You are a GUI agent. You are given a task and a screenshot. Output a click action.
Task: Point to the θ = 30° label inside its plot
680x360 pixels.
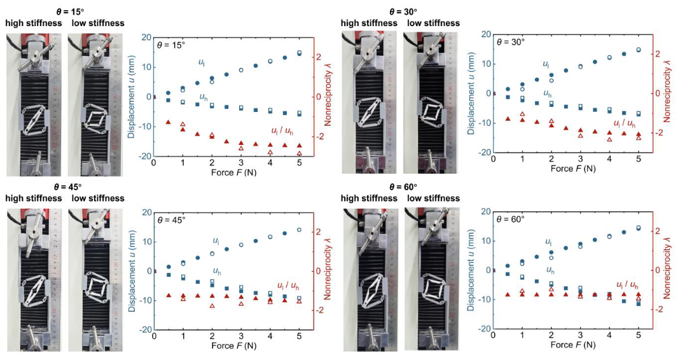512,42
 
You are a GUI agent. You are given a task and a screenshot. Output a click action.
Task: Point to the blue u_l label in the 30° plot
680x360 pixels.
546,64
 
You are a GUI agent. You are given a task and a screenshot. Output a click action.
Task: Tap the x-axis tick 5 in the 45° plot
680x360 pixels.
299,339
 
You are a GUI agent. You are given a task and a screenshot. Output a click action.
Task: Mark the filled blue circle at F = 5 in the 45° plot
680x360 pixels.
299,230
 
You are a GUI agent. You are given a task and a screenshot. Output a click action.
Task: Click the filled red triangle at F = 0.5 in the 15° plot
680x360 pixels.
168,122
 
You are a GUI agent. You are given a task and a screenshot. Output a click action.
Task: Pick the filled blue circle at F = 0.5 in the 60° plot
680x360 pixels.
508,266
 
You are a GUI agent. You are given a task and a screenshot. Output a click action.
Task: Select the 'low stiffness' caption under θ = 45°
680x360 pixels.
98,198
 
